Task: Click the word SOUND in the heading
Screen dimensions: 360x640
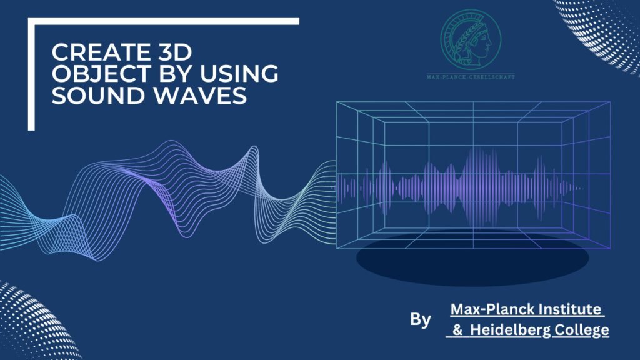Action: [x=89, y=97]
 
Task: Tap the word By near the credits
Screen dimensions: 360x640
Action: [x=421, y=320]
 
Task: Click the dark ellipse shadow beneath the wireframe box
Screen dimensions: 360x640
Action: [x=472, y=259]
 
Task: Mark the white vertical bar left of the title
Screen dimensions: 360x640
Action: [x=31, y=75]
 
